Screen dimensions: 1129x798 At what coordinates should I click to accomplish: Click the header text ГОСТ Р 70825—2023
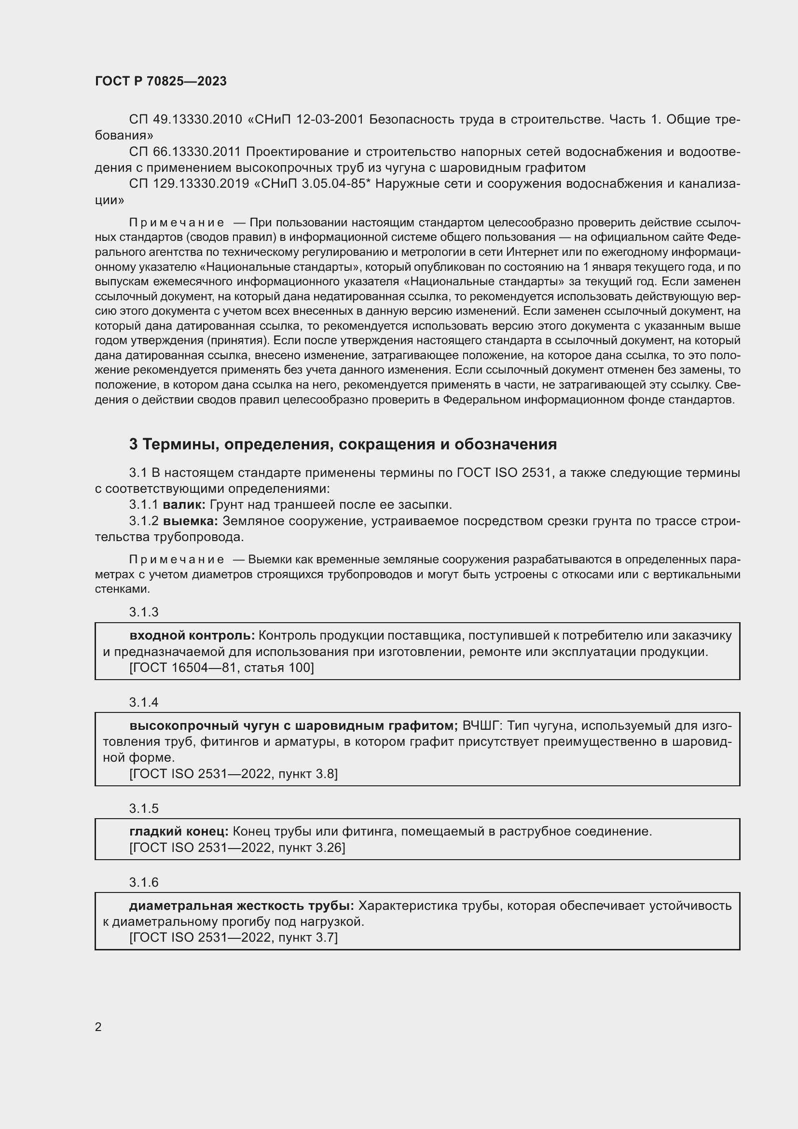coord(161,81)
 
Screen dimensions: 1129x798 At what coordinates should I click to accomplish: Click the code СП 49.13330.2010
coord(185,120)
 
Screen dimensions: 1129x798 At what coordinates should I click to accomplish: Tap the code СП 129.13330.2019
coord(189,184)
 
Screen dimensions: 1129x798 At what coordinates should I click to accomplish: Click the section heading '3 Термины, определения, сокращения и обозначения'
coord(343,444)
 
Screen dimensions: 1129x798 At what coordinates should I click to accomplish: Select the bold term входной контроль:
coord(192,636)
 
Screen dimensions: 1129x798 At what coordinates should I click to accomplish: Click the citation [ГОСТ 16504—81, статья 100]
coord(221,668)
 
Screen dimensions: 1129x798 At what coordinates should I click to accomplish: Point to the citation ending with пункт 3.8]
coord(233,774)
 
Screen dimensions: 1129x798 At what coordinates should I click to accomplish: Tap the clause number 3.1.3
coord(143,612)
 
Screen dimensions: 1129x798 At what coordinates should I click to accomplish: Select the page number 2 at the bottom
coord(98,1027)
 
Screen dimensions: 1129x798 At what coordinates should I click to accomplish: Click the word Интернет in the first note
coord(529,252)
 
